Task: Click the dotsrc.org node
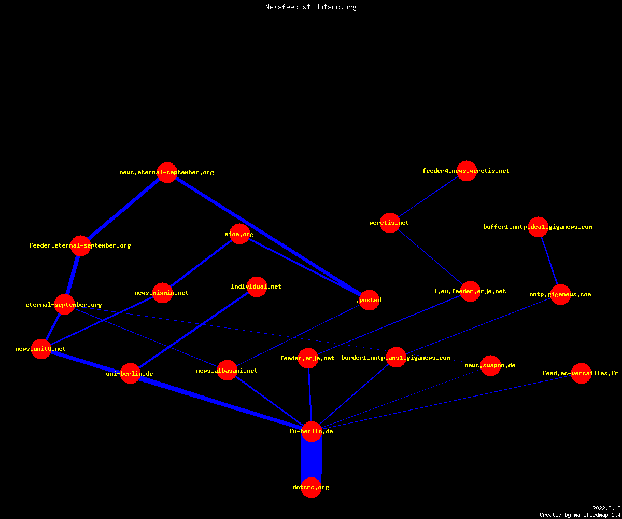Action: pyautogui.click(x=311, y=487)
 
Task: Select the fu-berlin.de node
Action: pyautogui.click(x=312, y=432)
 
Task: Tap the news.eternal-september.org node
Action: pyautogui.click(x=167, y=172)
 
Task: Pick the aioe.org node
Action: pyautogui.click(x=239, y=234)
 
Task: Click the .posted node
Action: pyautogui.click(x=370, y=300)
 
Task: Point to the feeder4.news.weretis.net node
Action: pyautogui.click(x=467, y=171)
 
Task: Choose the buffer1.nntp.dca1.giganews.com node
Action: pyautogui.click(x=539, y=227)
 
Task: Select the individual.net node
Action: pyautogui.click(x=257, y=286)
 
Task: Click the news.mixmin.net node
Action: pyautogui.click(x=162, y=293)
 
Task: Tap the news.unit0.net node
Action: pyautogui.click(x=41, y=349)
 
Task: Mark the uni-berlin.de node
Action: pyautogui.click(x=130, y=374)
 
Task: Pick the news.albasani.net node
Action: pyautogui.click(x=228, y=371)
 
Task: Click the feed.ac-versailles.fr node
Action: pyautogui.click(x=581, y=373)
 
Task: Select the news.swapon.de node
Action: pyautogui.click(x=491, y=365)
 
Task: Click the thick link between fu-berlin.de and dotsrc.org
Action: pyautogui.click(x=312, y=460)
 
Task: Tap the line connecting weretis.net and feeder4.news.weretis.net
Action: pyautogui.click(x=428, y=197)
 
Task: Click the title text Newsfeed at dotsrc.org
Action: pyautogui.click(x=310, y=7)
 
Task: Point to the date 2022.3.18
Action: pyautogui.click(x=606, y=508)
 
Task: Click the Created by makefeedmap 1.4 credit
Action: pyautogui.click(x=580, y=515)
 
